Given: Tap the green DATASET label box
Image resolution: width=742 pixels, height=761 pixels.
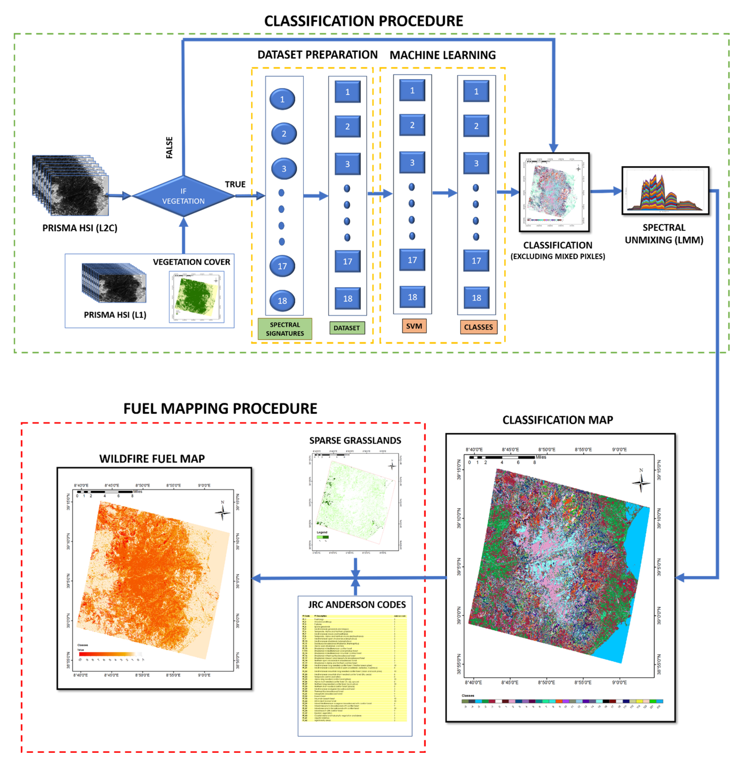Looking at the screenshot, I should (x=347, y=328).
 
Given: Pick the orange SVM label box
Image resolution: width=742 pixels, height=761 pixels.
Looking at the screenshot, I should (x=414, y=326).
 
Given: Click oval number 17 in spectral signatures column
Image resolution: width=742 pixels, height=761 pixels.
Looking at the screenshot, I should (x=282, y=266).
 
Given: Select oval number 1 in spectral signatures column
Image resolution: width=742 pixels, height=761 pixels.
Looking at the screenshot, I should (x=282, y=99).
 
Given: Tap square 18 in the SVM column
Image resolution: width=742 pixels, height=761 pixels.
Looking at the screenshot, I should (x=412, y=297).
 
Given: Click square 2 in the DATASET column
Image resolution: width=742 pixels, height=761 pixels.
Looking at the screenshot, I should (x=347, y=126).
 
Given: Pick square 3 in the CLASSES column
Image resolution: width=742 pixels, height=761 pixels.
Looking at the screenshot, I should (x=476, y=163).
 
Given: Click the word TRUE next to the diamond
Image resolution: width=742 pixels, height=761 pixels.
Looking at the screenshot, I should (x=235, y=184).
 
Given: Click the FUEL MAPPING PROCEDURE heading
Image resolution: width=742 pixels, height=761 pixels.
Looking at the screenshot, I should (x=220, y=408).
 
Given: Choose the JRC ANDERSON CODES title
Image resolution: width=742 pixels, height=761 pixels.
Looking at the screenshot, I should (x=357, y=604).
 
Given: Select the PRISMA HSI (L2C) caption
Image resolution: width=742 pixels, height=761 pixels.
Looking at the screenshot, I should (x=80, y=228).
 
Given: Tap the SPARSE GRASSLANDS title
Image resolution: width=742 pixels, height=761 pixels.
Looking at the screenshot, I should (x=355, y=440).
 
